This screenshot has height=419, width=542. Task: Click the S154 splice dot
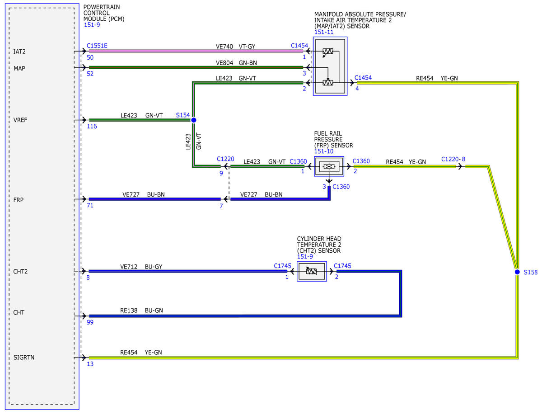194,120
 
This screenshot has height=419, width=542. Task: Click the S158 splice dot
517,272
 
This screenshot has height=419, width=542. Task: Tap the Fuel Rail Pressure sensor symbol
329,166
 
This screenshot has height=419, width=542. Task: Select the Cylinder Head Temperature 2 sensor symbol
312,271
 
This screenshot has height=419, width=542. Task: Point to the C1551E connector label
97,46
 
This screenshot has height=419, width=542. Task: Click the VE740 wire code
224,47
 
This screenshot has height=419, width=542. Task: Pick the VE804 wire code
224,63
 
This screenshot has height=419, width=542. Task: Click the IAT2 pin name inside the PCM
19,52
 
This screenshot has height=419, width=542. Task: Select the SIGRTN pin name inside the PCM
23,358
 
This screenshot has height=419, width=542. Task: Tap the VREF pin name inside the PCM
20,120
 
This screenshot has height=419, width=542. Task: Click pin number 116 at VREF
92,127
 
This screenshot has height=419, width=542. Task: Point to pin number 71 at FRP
90,205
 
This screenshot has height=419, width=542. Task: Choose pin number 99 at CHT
90,322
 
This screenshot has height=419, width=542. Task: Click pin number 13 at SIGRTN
90,364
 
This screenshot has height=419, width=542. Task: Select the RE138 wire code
129,311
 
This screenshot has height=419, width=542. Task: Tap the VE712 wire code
129,267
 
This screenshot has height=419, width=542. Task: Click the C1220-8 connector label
453,159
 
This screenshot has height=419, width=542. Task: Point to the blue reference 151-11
324,32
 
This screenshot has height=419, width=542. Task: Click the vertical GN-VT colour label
199,141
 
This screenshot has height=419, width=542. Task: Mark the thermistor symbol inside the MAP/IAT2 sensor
328,52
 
